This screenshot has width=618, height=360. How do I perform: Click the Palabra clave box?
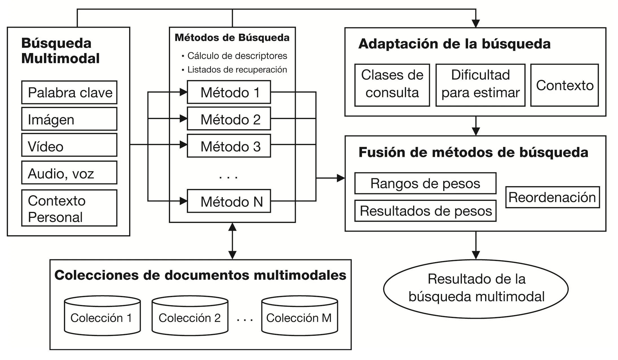tap(69, 93)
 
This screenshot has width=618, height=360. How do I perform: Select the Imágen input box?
tap(69, 119)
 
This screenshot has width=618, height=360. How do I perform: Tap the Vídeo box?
tap(69, 145)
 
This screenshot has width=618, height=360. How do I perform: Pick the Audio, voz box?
tap(69, 173)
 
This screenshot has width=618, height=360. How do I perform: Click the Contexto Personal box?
tap(69, 208)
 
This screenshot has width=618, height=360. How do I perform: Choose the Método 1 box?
tap(229, 92)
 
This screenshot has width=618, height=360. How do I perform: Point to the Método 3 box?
tap(229, 146)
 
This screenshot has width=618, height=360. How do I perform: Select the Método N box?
tap(229, 201)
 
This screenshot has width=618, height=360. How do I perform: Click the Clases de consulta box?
tap(392, 85)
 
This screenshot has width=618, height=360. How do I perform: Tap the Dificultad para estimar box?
tap(480, 85)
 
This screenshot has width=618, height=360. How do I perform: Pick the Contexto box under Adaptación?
tap(564, 85)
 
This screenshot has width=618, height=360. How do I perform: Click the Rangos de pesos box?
tap(425, 183)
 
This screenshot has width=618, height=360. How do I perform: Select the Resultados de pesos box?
tap(425, 211)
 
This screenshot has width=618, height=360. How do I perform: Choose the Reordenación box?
tap(552, 197)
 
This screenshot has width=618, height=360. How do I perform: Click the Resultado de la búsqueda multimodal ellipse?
tap(476, 288)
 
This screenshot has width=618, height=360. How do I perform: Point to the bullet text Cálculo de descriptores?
tap(237, 56)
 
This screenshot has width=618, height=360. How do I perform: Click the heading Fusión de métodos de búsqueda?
tap(473, 152)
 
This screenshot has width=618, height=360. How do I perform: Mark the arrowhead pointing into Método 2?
tap(184, 118)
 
